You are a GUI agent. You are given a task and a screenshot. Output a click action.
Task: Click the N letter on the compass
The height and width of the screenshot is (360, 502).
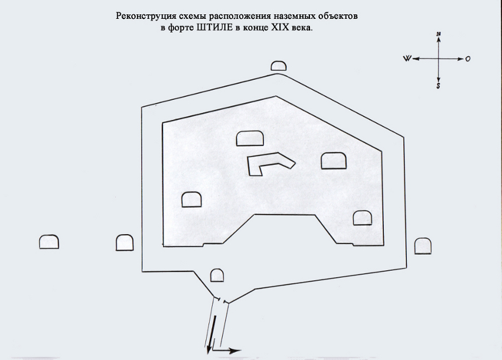click(439, 34)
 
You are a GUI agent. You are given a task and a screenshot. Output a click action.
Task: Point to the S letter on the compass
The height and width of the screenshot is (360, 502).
click(438, 86)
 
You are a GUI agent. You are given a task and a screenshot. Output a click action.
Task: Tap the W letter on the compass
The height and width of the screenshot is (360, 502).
click(407, 59)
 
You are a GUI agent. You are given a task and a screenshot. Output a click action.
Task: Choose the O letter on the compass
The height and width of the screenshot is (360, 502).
click(468, 59)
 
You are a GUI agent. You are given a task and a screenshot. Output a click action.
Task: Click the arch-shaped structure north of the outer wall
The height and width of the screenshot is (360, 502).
click(279, 66)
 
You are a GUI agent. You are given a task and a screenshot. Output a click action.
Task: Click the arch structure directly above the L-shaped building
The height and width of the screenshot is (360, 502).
click(250, 138)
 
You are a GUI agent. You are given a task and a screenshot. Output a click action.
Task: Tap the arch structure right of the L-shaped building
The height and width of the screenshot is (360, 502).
click(334, 161)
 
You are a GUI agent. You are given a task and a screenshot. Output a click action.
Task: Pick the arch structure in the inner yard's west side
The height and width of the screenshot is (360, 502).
click(191, 199)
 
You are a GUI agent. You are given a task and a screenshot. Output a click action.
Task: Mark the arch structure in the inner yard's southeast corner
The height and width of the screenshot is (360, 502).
click(363, 218)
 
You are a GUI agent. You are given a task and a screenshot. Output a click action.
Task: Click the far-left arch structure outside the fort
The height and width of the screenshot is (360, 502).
click(49, 242)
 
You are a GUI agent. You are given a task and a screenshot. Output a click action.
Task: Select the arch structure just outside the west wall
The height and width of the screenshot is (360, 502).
click(125, 243)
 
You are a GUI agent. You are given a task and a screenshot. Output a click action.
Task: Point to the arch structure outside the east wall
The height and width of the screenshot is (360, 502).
click(423, 246)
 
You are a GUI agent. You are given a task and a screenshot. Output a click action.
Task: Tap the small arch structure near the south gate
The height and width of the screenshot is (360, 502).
click(217, 275)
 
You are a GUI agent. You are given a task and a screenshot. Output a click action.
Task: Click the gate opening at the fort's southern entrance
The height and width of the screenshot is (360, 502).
click(221, 300)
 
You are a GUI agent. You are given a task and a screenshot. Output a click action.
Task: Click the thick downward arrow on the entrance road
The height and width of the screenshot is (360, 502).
click(211, 335)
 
